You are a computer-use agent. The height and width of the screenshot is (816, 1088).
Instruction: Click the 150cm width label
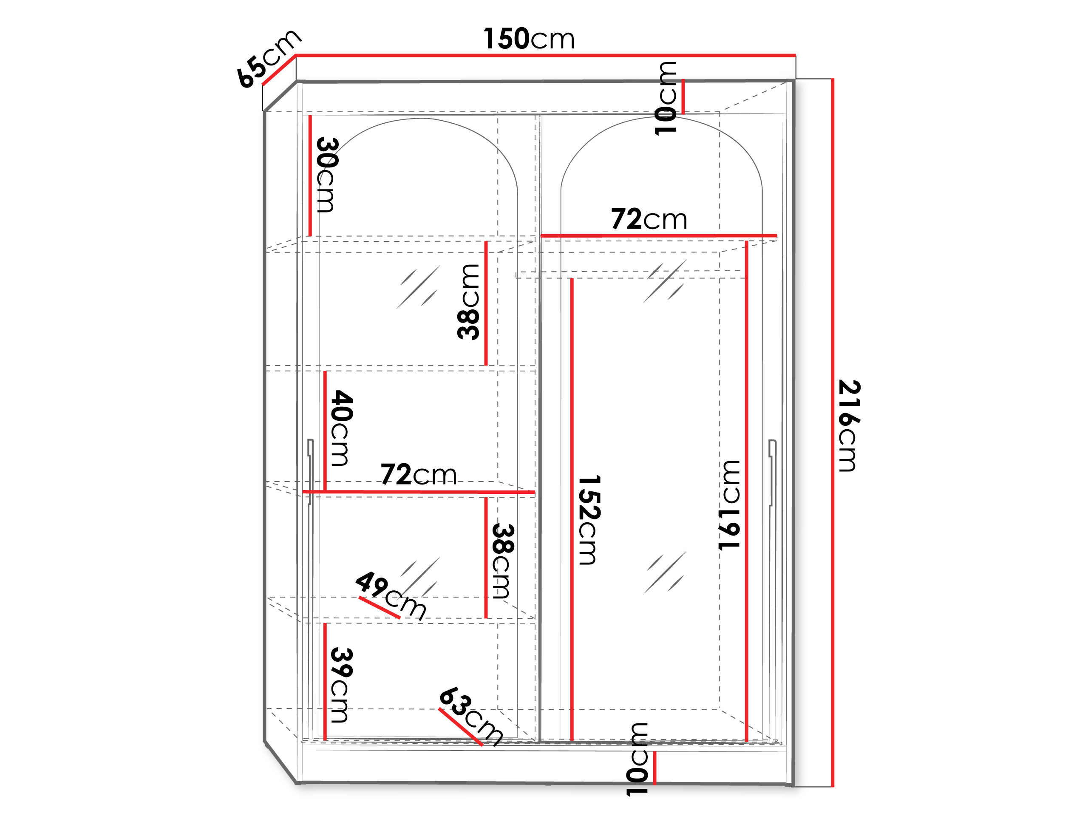pos(529,38)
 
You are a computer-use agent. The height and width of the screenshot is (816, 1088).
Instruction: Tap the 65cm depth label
pos(268,59)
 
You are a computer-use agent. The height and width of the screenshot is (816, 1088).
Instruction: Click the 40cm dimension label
pos(341,428)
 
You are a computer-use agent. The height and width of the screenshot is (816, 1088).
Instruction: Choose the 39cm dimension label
pos(341,685)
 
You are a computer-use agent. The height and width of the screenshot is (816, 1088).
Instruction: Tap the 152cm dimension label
pos(589,520)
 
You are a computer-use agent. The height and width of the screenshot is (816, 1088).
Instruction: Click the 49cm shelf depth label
pos(391,595)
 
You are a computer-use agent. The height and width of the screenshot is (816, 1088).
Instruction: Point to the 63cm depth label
pos(471,716)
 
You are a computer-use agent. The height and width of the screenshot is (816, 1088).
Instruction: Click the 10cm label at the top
pos(666,98)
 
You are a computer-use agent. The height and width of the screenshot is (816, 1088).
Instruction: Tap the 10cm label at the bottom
pos(637,759)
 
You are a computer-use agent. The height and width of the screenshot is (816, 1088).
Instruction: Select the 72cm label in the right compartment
pos(649,219)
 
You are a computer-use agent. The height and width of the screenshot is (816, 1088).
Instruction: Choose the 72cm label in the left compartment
pos(419,475)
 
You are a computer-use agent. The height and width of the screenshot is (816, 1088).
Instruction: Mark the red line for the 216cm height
pos(833,433)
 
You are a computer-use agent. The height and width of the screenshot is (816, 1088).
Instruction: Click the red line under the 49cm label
pos(379,607)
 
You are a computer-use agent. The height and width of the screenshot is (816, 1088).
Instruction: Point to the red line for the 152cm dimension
pos(572,510)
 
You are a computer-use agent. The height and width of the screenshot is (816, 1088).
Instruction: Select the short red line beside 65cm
pos(278,70)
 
